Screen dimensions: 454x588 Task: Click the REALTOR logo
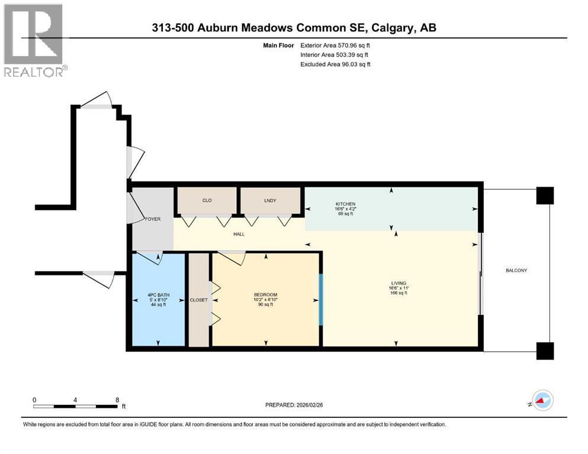tap(34, 40)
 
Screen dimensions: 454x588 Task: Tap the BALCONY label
tap(516, 270)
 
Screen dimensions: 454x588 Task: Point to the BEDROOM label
tap(265, 295)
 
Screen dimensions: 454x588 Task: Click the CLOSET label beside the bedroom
tap(198, 300)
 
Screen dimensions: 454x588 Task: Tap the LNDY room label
tap(271, 200)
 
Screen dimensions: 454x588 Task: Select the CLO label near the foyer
tap(207, 200)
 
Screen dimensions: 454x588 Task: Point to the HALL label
tap(239, 234)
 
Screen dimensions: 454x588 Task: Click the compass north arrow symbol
tap(541, 401)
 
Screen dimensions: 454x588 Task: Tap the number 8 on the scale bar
tap(117, 400)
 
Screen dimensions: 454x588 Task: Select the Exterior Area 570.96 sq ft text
tap(335, 45)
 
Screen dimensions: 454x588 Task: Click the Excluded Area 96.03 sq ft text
tap(335, 64)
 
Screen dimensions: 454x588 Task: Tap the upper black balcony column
tap(544, 196)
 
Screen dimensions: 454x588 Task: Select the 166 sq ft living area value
tap(398, 293)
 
